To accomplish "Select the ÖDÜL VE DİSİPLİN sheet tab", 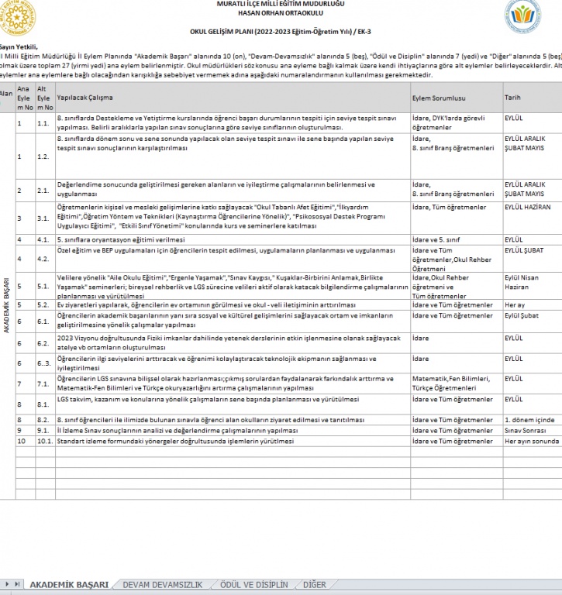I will [253, 585].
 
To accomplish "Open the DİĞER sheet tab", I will [314, 585].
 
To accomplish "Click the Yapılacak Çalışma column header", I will [85, 98].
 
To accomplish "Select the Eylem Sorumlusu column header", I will [439, 98].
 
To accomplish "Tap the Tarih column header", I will [512, 98].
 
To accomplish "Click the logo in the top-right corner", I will [528, 16].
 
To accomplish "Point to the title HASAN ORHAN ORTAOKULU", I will [281, 14].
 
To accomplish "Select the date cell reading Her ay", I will [515, 305].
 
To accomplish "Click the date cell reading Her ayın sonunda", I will [531, 441].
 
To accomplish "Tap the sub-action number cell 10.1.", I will [44, 441].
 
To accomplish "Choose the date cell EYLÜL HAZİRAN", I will [527, 208].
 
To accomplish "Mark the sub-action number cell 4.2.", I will [43, 258].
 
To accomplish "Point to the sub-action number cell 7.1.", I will [43, 384].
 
